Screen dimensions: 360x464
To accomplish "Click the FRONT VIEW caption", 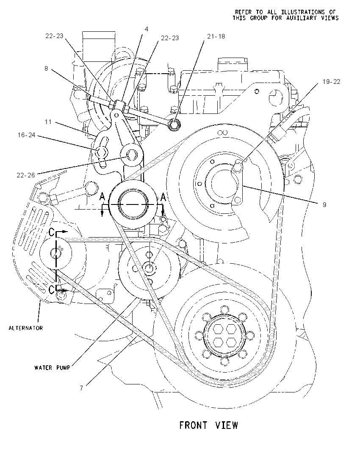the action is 209,425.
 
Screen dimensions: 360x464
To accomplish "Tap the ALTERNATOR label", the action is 26,328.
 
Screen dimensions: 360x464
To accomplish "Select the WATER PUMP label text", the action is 52,367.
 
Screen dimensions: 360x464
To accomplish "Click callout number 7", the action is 81,388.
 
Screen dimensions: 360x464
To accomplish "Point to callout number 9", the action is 324,204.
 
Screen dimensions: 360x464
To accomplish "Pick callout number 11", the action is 48,122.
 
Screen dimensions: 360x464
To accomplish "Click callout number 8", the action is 46,68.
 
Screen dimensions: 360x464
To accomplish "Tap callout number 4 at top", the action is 146,29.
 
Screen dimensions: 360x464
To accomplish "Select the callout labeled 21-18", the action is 216,36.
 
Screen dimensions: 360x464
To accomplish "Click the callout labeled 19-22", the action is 331,82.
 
